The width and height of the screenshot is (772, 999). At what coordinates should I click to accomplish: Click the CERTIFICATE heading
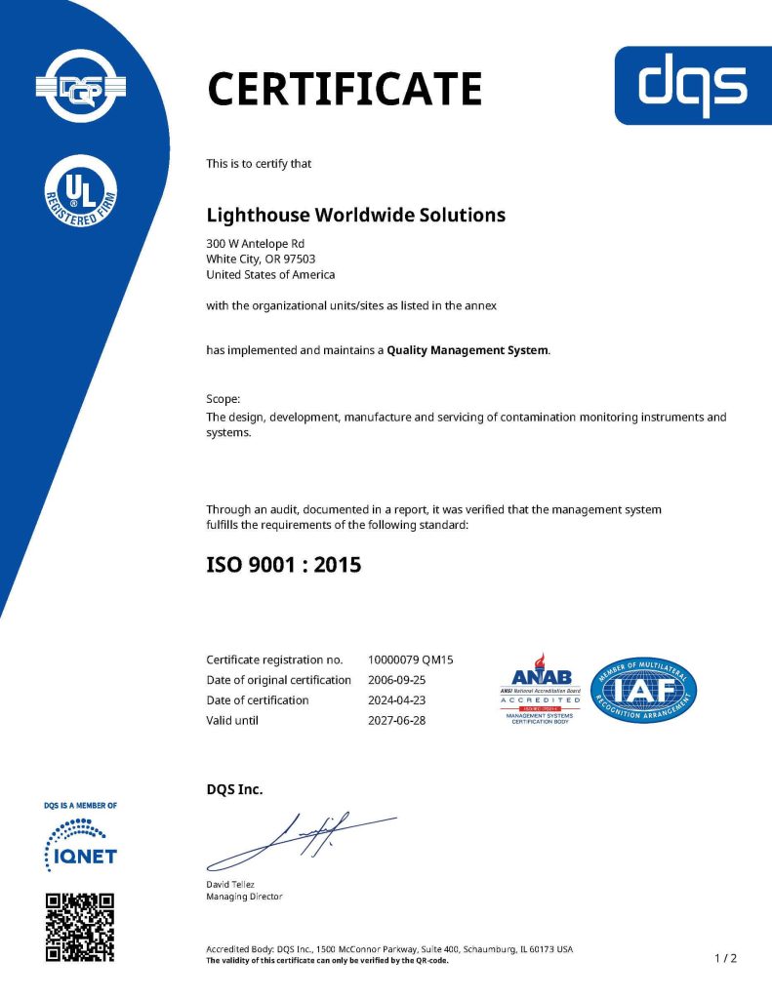tap(345, 89)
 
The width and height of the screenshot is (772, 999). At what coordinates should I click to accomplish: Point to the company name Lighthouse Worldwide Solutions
tap(356, 215)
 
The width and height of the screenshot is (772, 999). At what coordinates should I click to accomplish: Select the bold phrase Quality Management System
tap(467, 349)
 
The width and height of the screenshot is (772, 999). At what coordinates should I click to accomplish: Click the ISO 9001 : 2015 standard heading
tap(284, 563)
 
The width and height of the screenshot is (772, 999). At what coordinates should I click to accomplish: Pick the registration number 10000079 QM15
tap(411, 659)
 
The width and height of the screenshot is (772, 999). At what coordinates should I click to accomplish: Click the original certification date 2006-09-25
tap(397, 680)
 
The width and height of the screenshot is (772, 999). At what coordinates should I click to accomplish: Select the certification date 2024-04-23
tap(397, 700)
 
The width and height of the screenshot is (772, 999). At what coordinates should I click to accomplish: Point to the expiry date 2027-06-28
tap(397, 721)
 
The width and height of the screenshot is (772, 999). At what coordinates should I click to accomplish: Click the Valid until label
tap(232, 721)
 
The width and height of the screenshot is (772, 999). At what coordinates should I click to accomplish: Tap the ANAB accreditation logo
tap(542, 689)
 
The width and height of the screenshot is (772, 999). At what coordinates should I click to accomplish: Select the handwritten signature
tap(303, 840)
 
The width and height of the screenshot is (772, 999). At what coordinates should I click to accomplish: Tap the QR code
tap(80, 927)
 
